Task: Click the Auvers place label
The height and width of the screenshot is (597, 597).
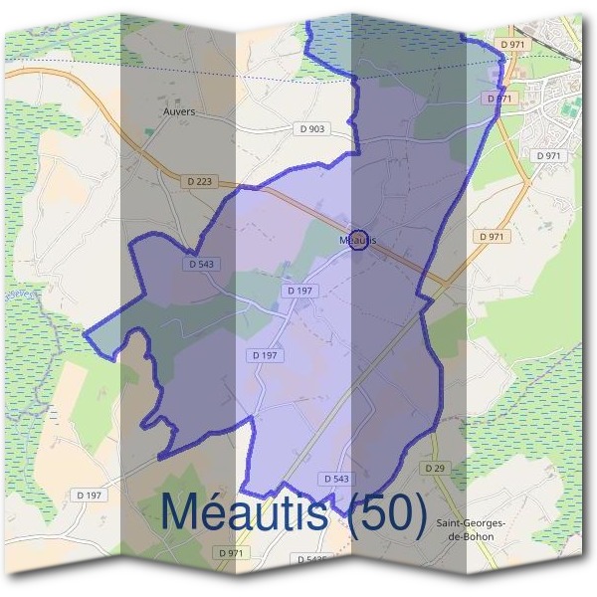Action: point(179,112)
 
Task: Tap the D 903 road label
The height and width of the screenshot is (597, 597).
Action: point(311,129)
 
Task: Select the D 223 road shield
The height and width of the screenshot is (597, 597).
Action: point(199,181)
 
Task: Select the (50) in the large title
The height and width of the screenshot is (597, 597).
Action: point(389,512)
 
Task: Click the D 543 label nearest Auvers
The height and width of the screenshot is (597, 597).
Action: point(202,264)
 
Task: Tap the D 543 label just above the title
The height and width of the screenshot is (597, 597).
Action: point(335,479)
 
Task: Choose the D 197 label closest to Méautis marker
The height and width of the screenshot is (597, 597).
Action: point(299,290)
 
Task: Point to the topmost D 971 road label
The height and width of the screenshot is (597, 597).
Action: point(512,45)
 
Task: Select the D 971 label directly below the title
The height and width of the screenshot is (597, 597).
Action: point(229,552)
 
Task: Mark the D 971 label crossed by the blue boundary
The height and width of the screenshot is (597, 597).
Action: point(498,99)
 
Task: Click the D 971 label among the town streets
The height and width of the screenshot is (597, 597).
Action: point(548,156)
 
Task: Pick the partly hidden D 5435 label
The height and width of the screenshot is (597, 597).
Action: point(311,560)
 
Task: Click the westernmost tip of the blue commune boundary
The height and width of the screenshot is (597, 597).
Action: point(86,334)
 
